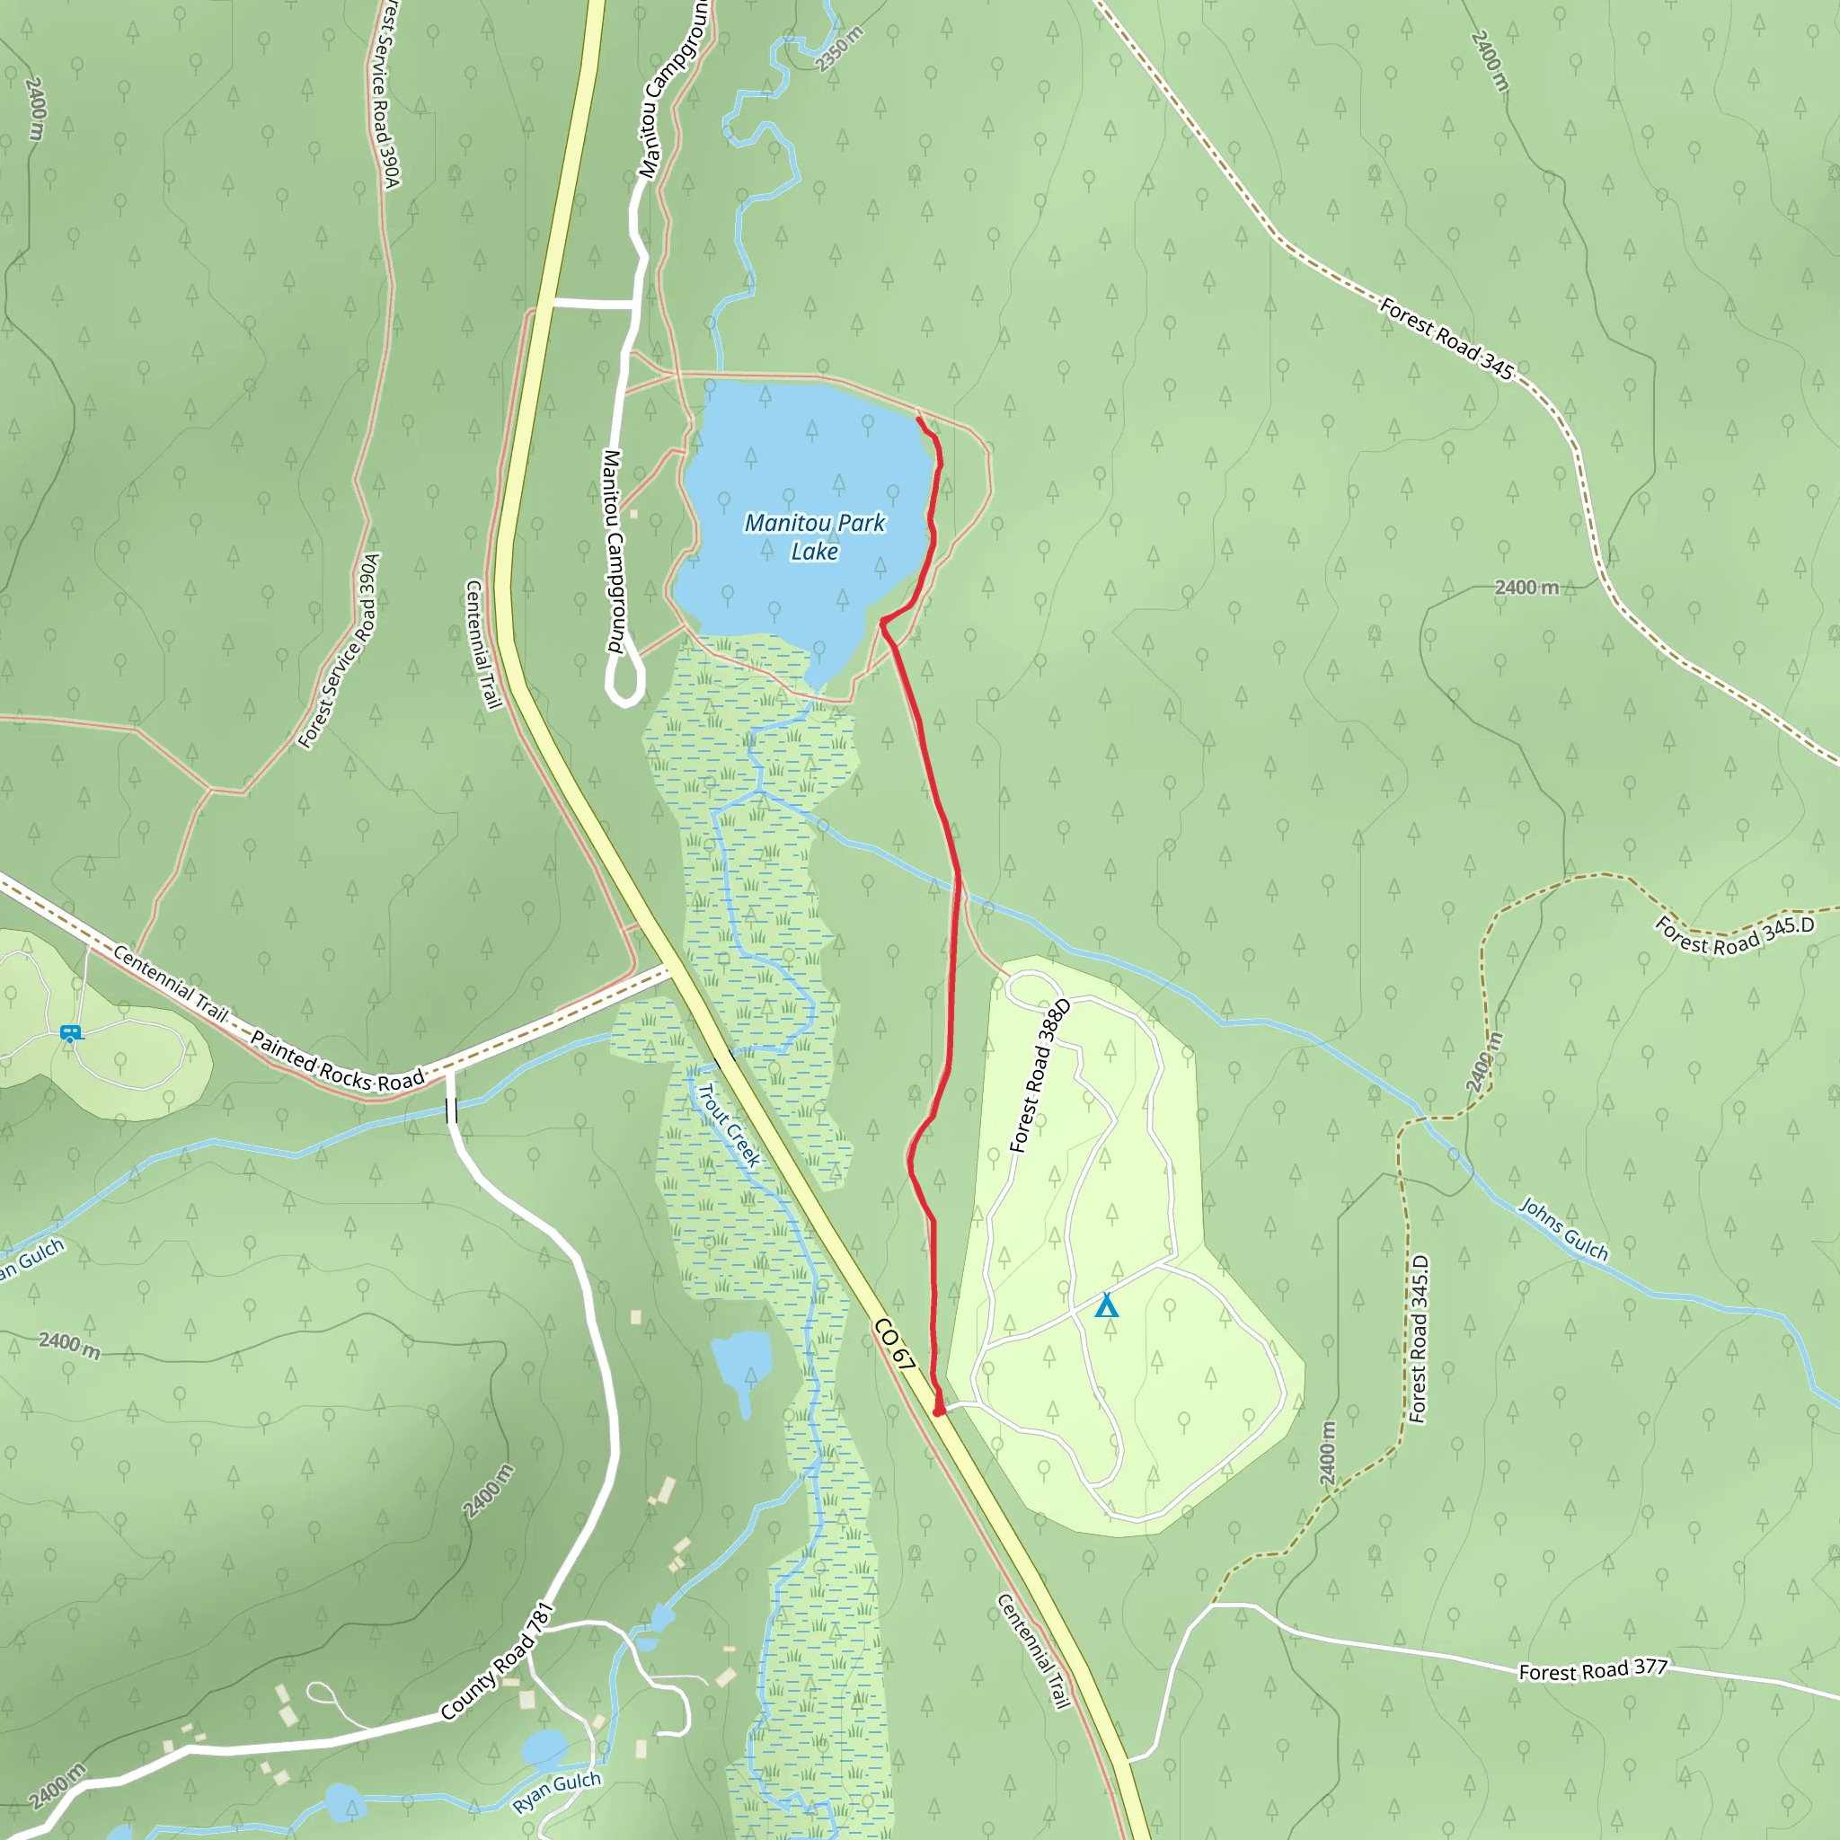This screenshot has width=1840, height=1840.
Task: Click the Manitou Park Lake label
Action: [x=814, y=536]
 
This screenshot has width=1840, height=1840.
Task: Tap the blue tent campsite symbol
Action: [x=1106, y=1305]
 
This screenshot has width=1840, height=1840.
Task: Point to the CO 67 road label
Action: [x=894, y=1346]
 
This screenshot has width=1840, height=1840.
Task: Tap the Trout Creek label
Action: [x=729, y=1126]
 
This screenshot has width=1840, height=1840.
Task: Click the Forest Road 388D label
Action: [x=1040, y=1075]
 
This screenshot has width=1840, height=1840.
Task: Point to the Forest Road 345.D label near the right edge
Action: [x=1734, y=935]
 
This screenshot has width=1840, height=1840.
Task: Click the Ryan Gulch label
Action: [x=557, y=1792]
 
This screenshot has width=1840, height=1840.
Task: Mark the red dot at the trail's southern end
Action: [x=939, y=1412]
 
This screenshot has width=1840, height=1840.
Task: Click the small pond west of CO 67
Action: [x=741, y=1361]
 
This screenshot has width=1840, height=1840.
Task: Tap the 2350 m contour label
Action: [x=839, y=49]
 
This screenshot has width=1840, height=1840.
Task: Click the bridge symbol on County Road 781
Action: [x=451, y=1110]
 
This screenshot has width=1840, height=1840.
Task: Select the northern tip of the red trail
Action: [x=918, y=418]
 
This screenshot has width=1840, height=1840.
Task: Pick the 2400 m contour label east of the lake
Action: [x=1526, y=588]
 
